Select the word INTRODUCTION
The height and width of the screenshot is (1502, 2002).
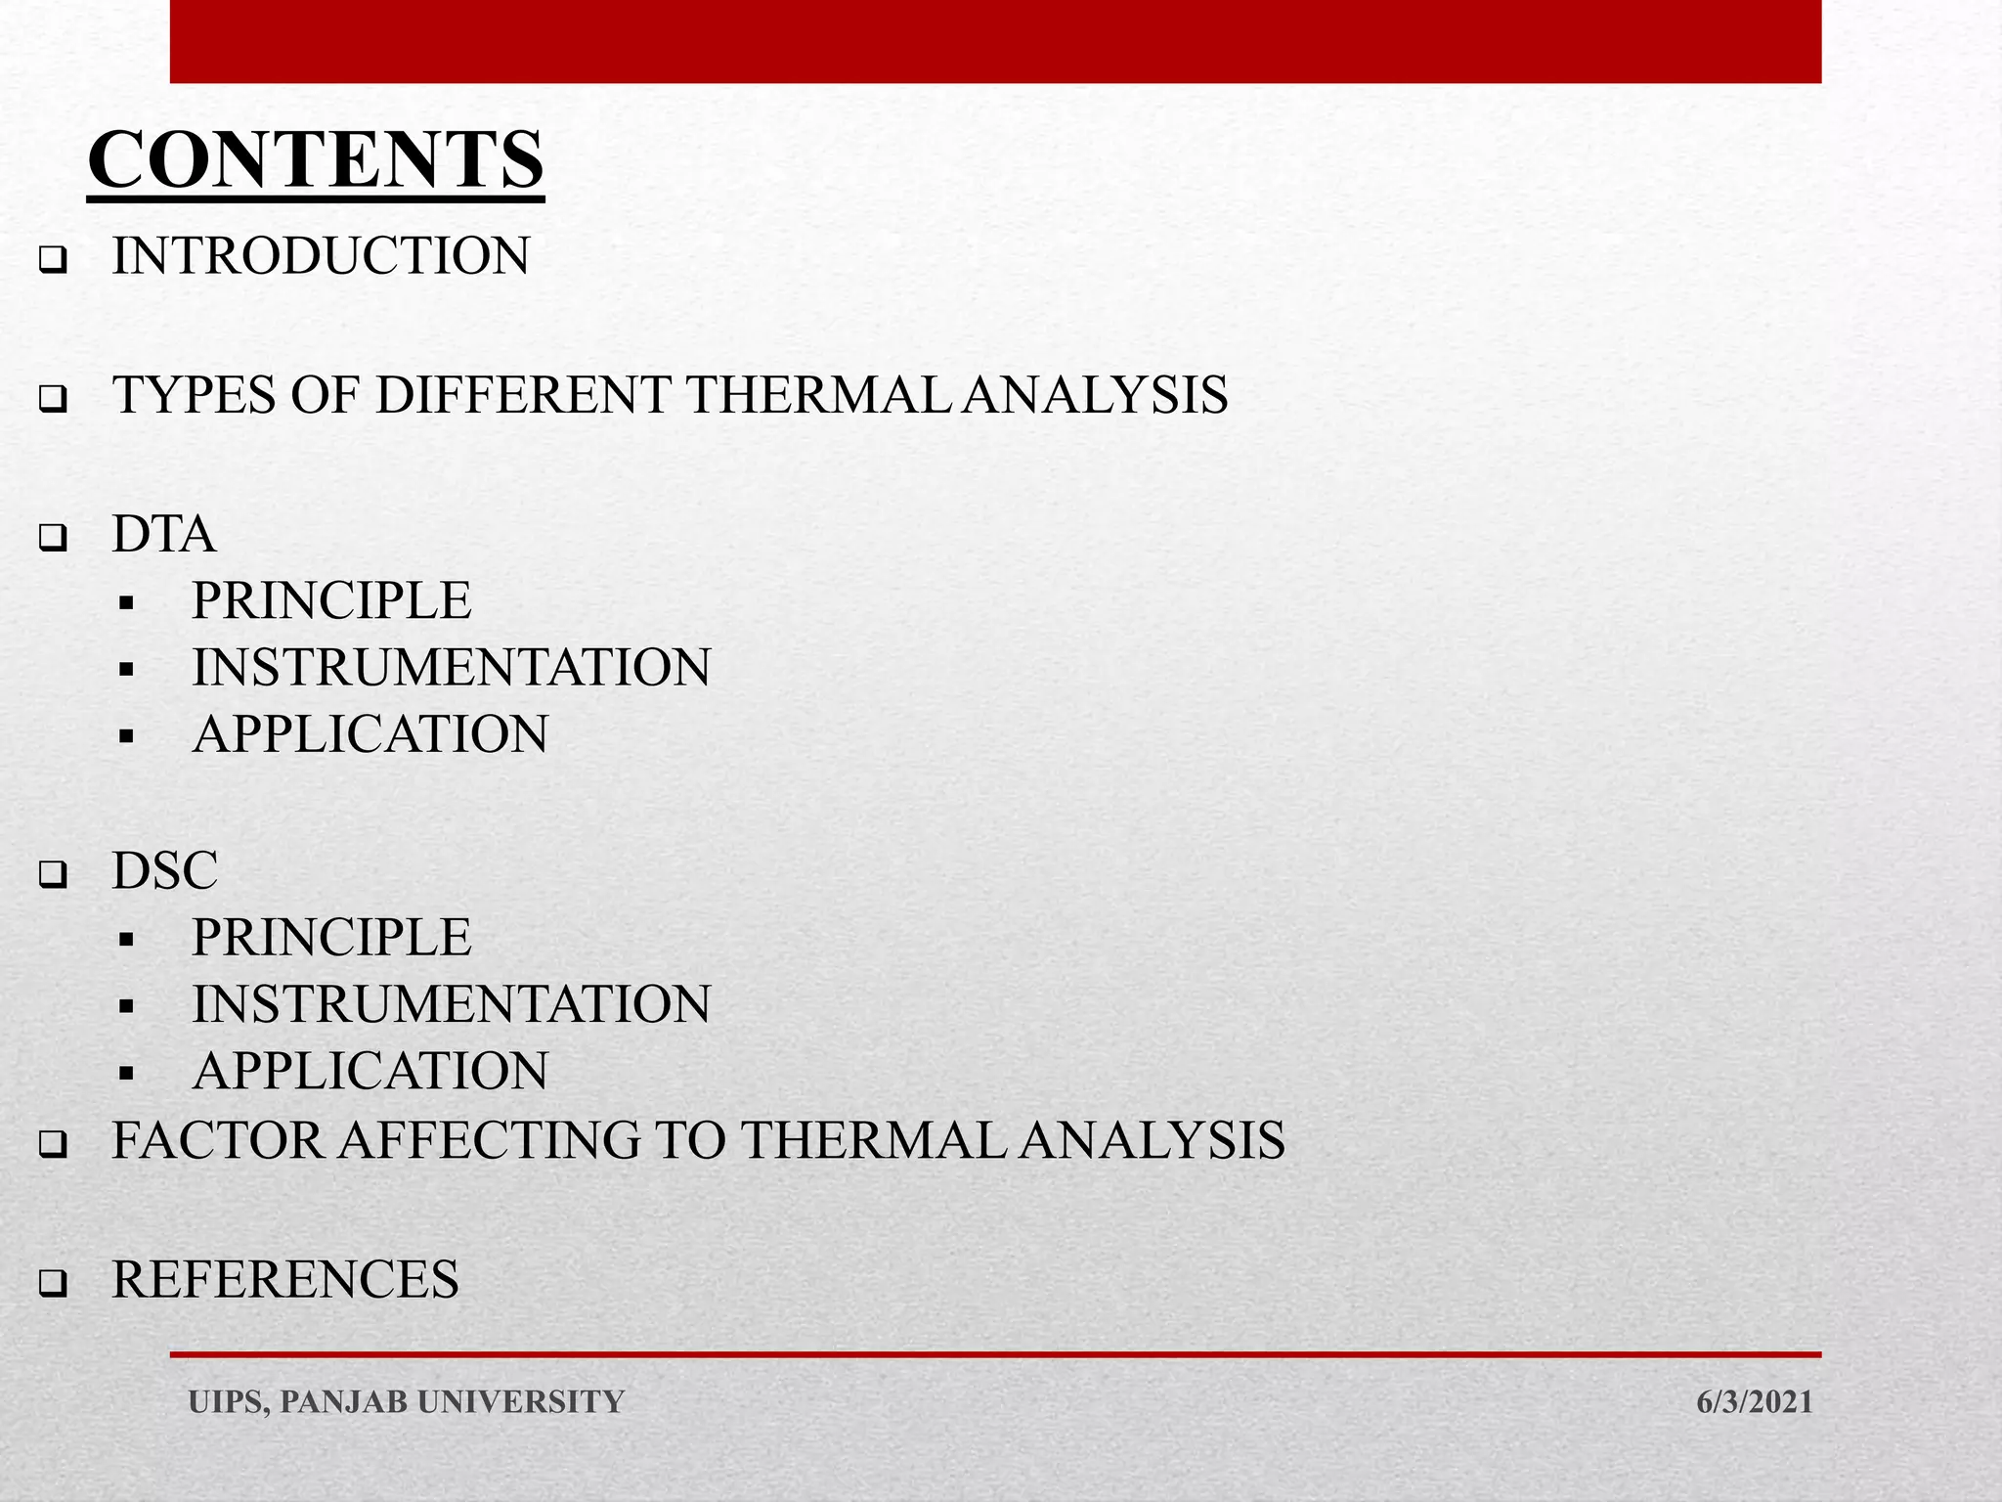(x=321, y=256)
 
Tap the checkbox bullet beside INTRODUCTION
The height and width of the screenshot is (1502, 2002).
(x=53, y=262)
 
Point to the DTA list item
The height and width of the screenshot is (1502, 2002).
(x=163, y=534)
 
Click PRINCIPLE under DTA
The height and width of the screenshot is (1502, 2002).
(x=331, y=600)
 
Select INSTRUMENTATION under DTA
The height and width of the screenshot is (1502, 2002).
(x=451, y=667)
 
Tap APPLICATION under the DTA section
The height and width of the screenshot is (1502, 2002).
(x=370, y=734)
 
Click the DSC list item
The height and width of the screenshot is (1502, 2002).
(x=164, y=870)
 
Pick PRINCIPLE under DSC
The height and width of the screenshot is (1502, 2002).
(x=331, y=937)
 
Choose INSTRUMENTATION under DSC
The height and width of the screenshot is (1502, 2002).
(x=451, y=1004)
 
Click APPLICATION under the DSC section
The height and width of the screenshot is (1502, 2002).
(x=370, y=1071)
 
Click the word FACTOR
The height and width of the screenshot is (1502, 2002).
(x=217, y=1140)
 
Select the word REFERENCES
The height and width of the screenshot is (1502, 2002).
(x=284, y=1279)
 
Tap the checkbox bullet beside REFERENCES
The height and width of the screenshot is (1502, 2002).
(x=53, y=1284)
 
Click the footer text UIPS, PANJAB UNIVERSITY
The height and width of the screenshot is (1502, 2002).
(x=406, y=1401)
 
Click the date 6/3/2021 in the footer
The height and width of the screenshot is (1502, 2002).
(x=1754, y=1401)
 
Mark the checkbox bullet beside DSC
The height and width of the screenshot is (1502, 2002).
(x=53, y=875)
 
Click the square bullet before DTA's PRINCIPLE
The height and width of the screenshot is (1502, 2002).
(x=125, y=603)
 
